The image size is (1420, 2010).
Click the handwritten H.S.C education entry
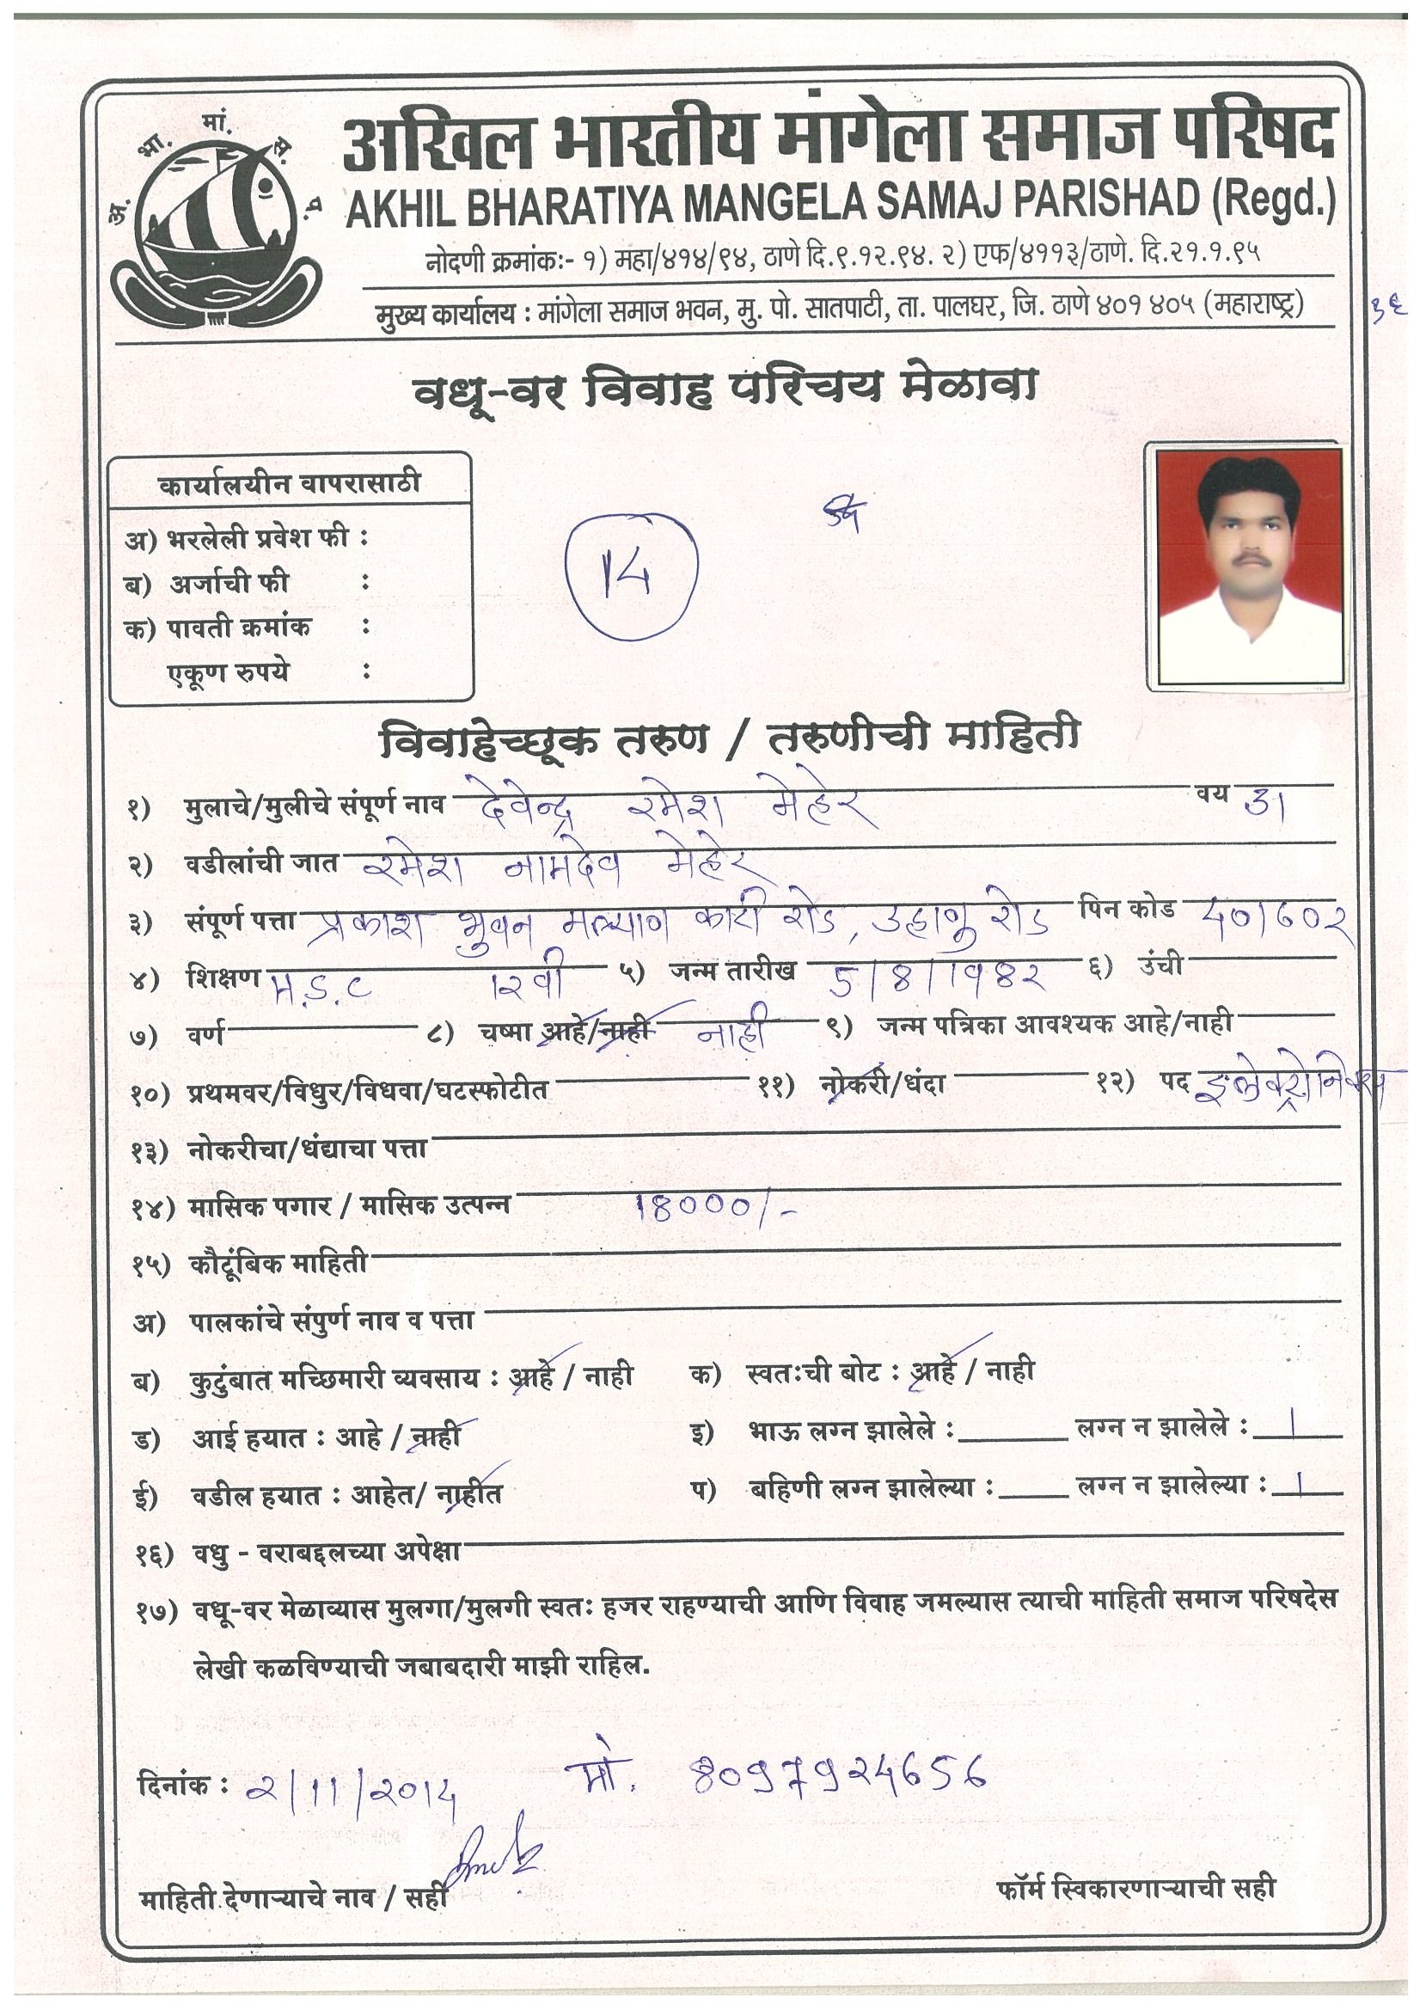coord(321,988)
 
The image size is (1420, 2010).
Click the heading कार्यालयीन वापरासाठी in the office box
coord(289,483)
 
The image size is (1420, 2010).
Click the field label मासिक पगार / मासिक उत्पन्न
coord(348,1206)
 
